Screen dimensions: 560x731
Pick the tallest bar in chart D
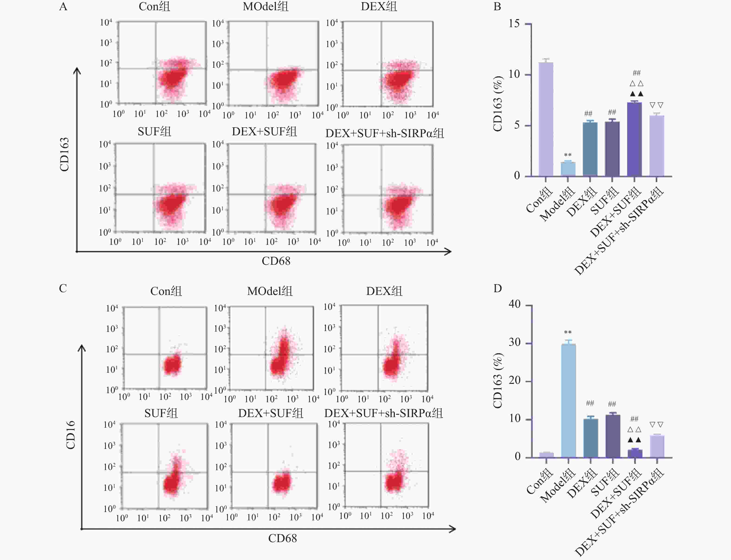(568, 400)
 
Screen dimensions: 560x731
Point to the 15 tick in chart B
(514, 24)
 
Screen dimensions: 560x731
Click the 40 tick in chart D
(514, 304)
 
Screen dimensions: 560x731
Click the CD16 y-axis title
(70, 435)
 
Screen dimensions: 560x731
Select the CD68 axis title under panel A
(276, 261)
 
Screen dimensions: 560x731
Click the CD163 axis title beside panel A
(64, 154)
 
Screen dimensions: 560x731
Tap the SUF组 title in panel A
(154, 132)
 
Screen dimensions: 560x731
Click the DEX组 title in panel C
(384, 291)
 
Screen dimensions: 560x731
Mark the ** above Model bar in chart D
(568, 332)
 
